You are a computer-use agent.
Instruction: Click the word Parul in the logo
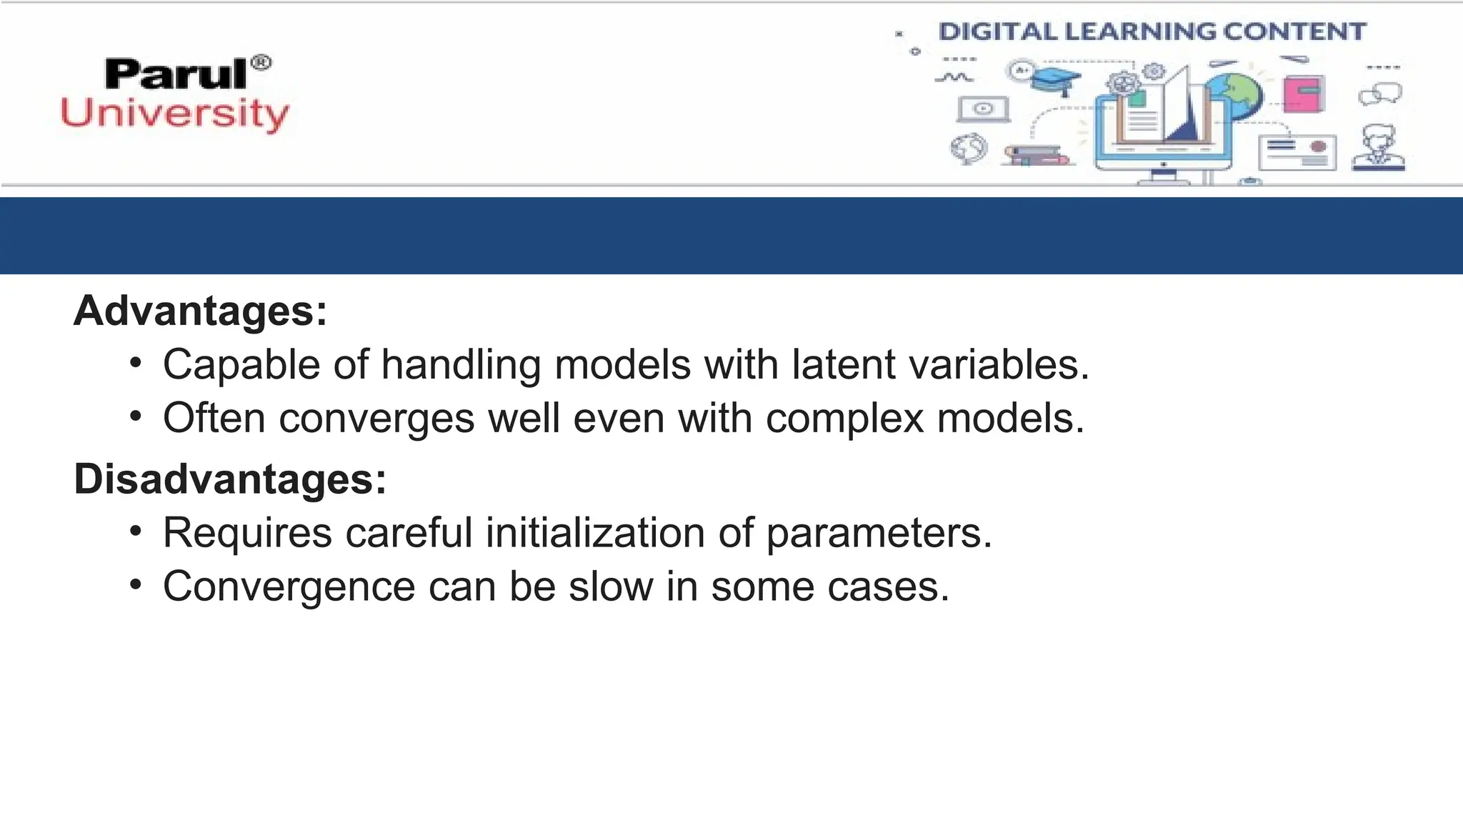pos(176,74)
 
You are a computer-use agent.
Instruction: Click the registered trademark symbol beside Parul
pos(261,63)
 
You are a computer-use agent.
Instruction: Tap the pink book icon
pos(1304,94)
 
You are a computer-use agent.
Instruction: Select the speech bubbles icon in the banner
pos(1380,94)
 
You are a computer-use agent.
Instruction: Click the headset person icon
pos(1379,148)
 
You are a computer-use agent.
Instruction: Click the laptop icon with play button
pos(984,109)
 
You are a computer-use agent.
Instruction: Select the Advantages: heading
pos(200,311)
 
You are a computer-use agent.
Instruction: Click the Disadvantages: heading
pos(230,479)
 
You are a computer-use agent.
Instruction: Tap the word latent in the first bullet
pos(844,364)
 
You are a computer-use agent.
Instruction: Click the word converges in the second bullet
pos(376,418)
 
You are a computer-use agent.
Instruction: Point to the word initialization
pos(595,533)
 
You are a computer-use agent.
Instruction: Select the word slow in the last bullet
pos(611,587)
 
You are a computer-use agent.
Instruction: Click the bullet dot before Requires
pos(136,531)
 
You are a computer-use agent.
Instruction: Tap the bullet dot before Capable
pos(136,363)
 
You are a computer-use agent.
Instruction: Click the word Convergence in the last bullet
pos(289,587)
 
